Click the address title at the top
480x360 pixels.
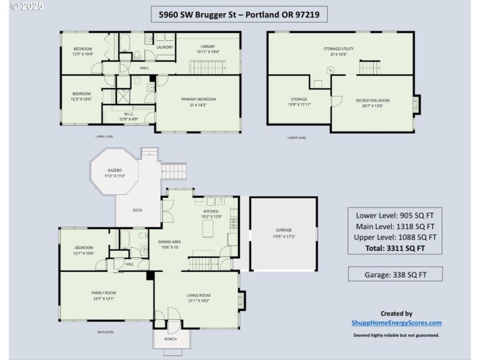(x=239, y=13)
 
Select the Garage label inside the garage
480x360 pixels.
(x=283, y=230)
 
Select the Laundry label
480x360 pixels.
(x=164, y=47)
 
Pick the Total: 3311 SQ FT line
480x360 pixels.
(x=395, y=247)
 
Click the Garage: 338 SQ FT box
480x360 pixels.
(x=395, y=274)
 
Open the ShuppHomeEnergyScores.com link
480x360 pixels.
(x=396, y=323)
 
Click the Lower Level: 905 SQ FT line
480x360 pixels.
(x=395, y=215)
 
